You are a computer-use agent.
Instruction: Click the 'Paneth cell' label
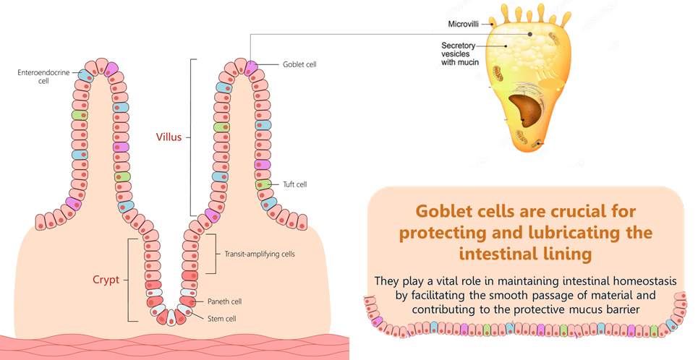click(244, 301)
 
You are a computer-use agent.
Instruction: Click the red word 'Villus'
click(169, 137)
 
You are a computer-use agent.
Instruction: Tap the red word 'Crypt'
click(106, 280)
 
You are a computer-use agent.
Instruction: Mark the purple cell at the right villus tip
click(251, 69)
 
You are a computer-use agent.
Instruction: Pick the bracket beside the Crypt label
click(130, 280)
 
